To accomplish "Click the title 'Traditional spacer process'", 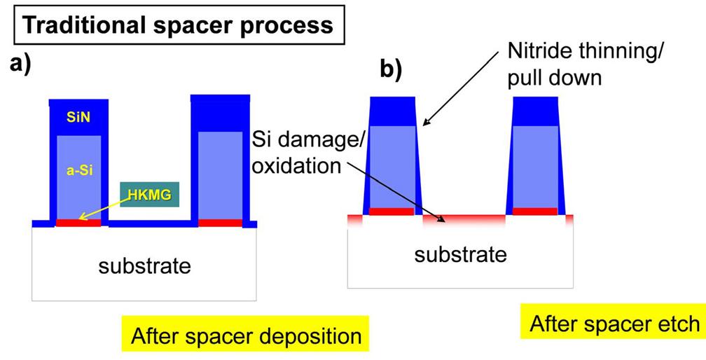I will [x=179, y=25].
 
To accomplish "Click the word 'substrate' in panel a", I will [x=144, y=266].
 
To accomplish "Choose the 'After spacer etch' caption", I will [x=614, y=324].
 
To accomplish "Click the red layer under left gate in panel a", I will [x=78, y=223].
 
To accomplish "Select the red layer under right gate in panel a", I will [x=221, y=223].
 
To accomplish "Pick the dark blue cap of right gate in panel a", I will [x=221, y=112].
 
